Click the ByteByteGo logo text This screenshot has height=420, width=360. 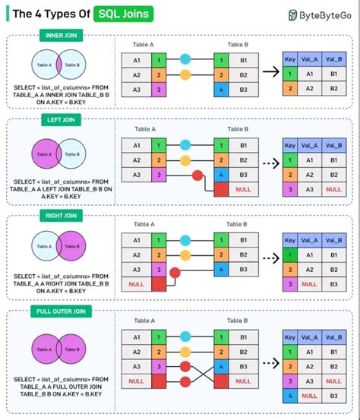click(x=325, y=14)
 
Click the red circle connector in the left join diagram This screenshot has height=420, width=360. click(x=199, y=176)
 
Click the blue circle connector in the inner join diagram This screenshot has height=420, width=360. click(x=185, y=59)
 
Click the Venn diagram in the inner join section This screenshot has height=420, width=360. click(x=57, y=65)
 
